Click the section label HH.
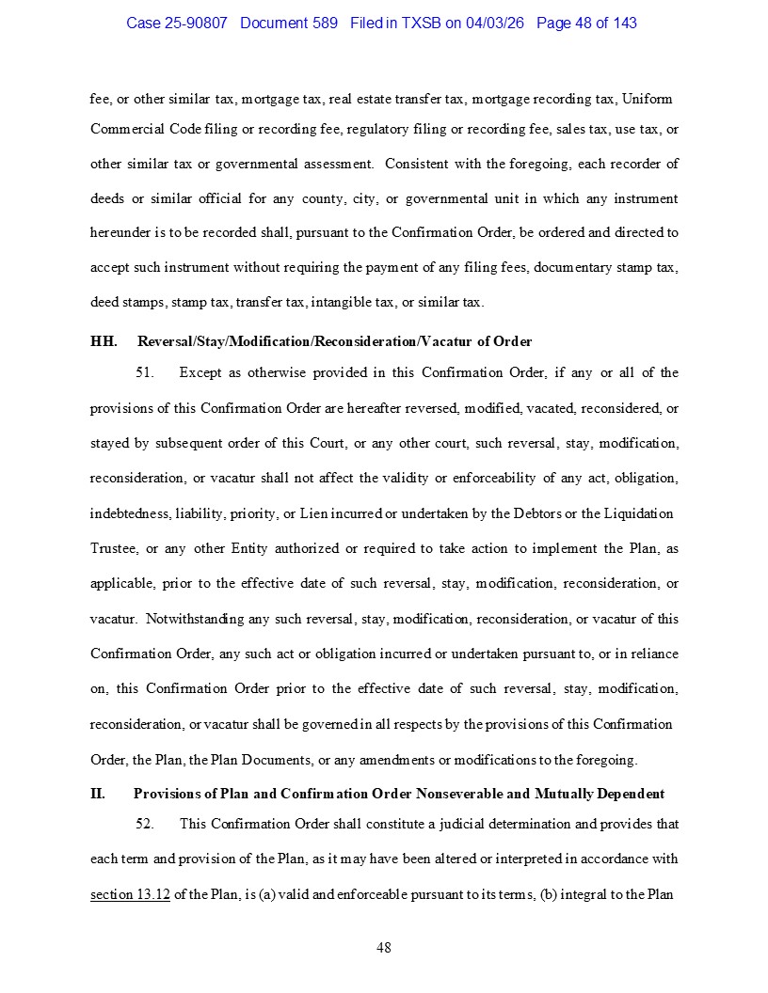pos(104,341)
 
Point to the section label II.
pos(98,794)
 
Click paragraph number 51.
pos(145,372)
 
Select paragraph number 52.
pos(145,824)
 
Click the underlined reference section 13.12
pos(130,894)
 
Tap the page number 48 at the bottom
pos(384,948)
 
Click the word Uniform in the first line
pos(648,99)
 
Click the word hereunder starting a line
pos(120,232)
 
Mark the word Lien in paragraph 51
pos(338,513)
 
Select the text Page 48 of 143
pos(586,23)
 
